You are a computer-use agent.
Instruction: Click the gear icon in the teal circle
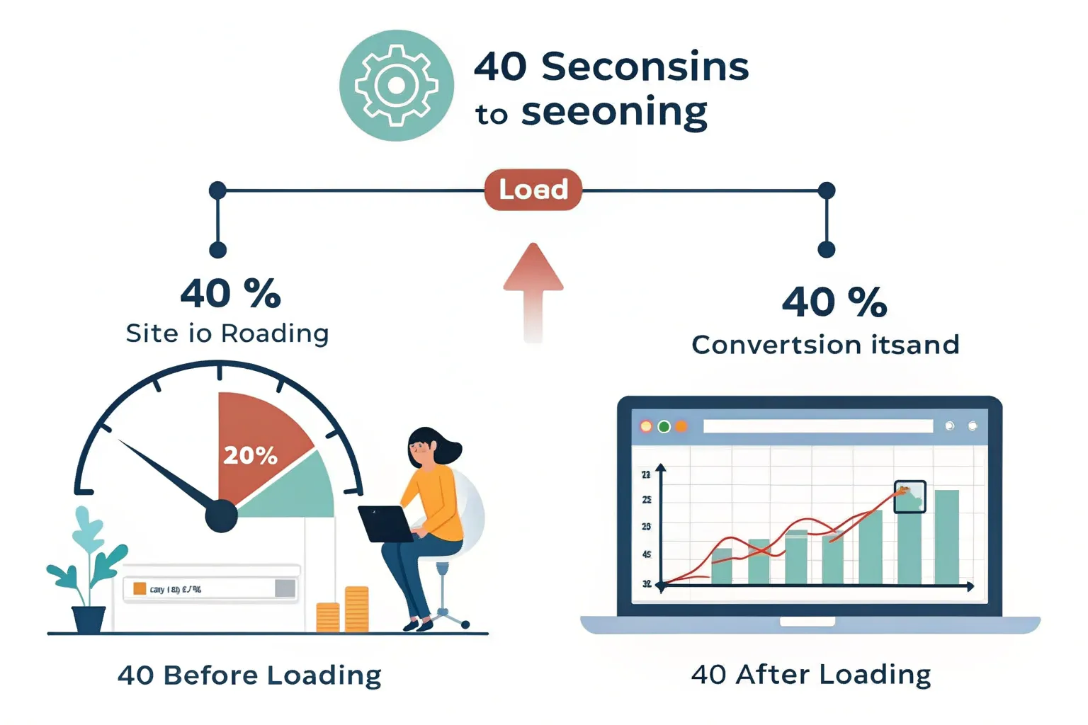tap(396, 86)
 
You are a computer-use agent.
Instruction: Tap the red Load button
tap(533, 190)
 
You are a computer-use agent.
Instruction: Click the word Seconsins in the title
tap(645, 67)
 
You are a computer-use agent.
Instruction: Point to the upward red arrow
tap(533, 290)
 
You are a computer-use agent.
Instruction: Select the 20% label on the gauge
tap(250, 455)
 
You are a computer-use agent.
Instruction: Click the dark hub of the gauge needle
tap(221, 515)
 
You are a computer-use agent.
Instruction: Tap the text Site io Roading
tap(227, 333)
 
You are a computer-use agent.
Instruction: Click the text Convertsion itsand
tap(825, 345)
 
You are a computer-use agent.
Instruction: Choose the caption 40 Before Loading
tap(249, 675)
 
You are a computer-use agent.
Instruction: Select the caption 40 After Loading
tap(811, 674)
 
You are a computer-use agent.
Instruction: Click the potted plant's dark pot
tap(89, 620)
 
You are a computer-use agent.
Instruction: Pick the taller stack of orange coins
tap(356, 609)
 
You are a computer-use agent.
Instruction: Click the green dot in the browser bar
tap(664, 426)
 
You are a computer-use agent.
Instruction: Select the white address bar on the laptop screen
tap(818, 426)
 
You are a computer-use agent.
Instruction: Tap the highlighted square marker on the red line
tap(909, 496)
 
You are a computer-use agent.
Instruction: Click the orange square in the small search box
tap(140, 588)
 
